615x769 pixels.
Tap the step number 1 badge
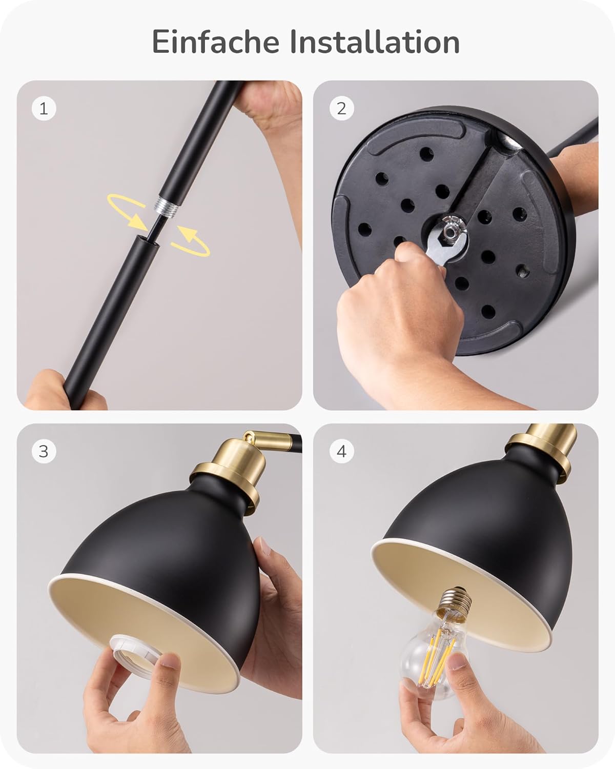[44, 108]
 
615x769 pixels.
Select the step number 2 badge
[341, 108]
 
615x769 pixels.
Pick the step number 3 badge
[44, 451]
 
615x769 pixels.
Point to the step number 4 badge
[341, 451]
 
